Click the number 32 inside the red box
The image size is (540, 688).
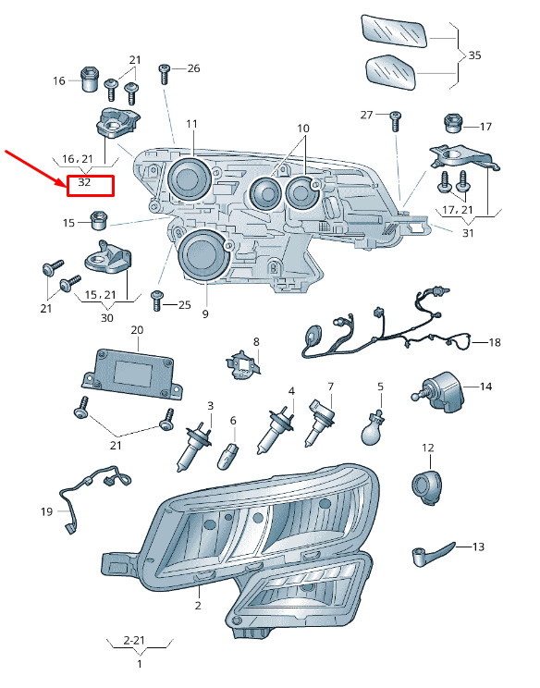click(84, 181)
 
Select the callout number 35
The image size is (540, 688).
click(474, 55)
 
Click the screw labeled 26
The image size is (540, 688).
click(165, 74)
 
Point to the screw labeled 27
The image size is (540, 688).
click(395, 121)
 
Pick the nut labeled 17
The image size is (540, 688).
click(452, 123)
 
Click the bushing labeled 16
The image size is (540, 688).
click(90, 79)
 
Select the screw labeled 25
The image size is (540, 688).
click(157, 301)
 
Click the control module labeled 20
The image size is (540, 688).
click(132, 375)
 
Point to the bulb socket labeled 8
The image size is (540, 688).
click(242, 364)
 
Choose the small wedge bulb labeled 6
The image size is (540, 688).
click(228, 456)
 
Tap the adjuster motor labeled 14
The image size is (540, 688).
click(438, 392)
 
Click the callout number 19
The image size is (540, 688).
click(46, 511)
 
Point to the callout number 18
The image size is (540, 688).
click(495, 342)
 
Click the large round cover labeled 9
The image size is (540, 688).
click(203, 254)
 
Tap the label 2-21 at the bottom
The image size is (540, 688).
click(134, 640)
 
